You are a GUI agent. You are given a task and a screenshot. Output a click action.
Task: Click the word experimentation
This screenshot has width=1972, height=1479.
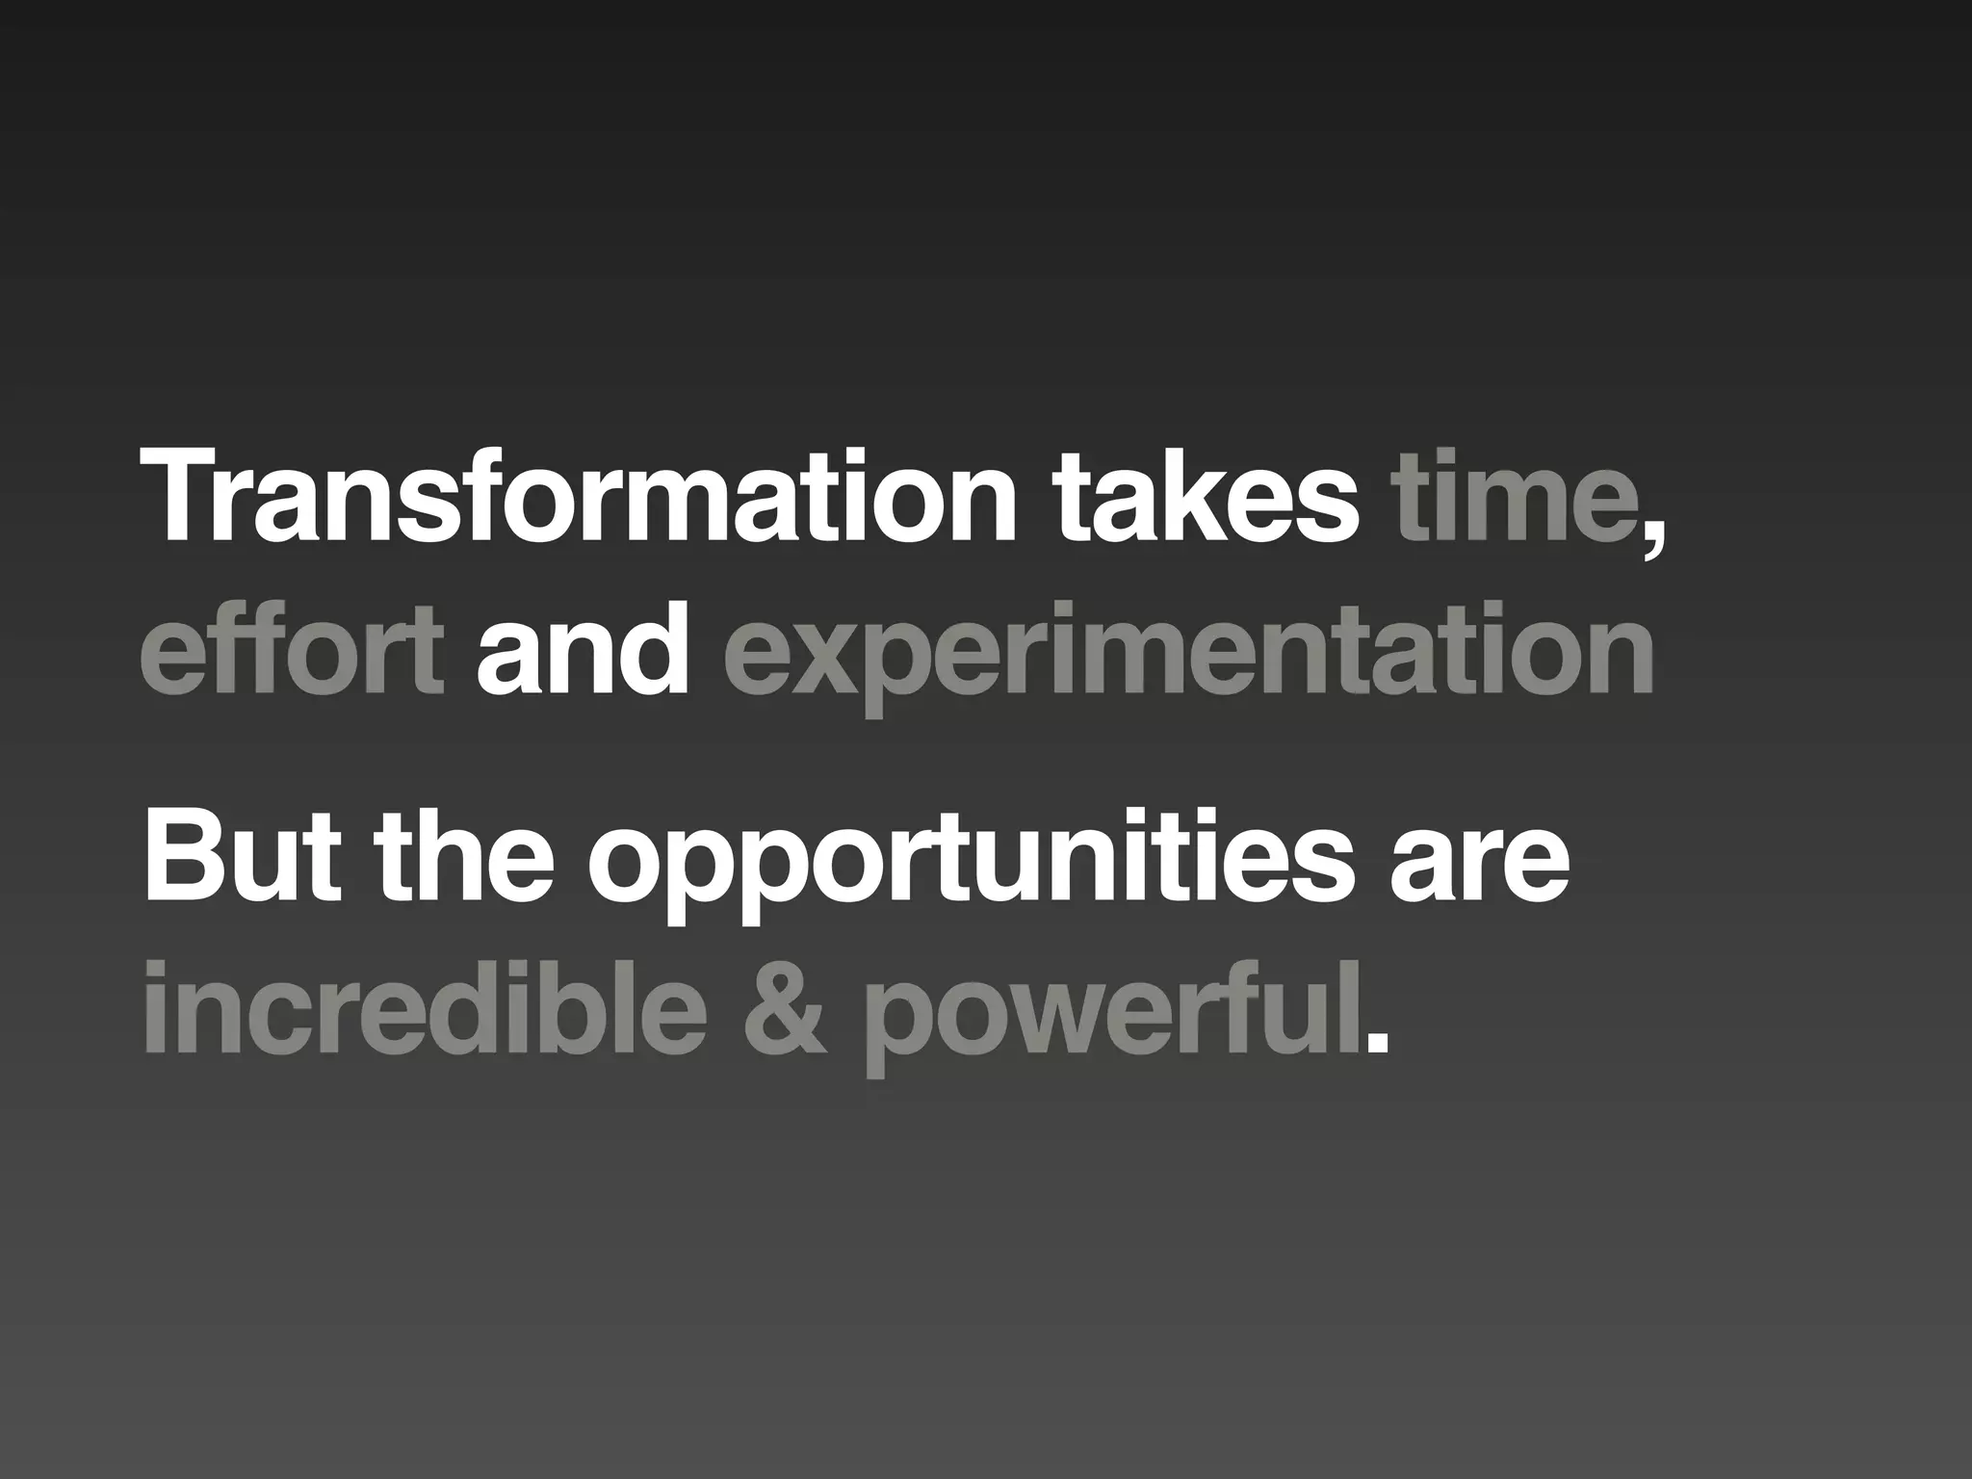coord(1188,655)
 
